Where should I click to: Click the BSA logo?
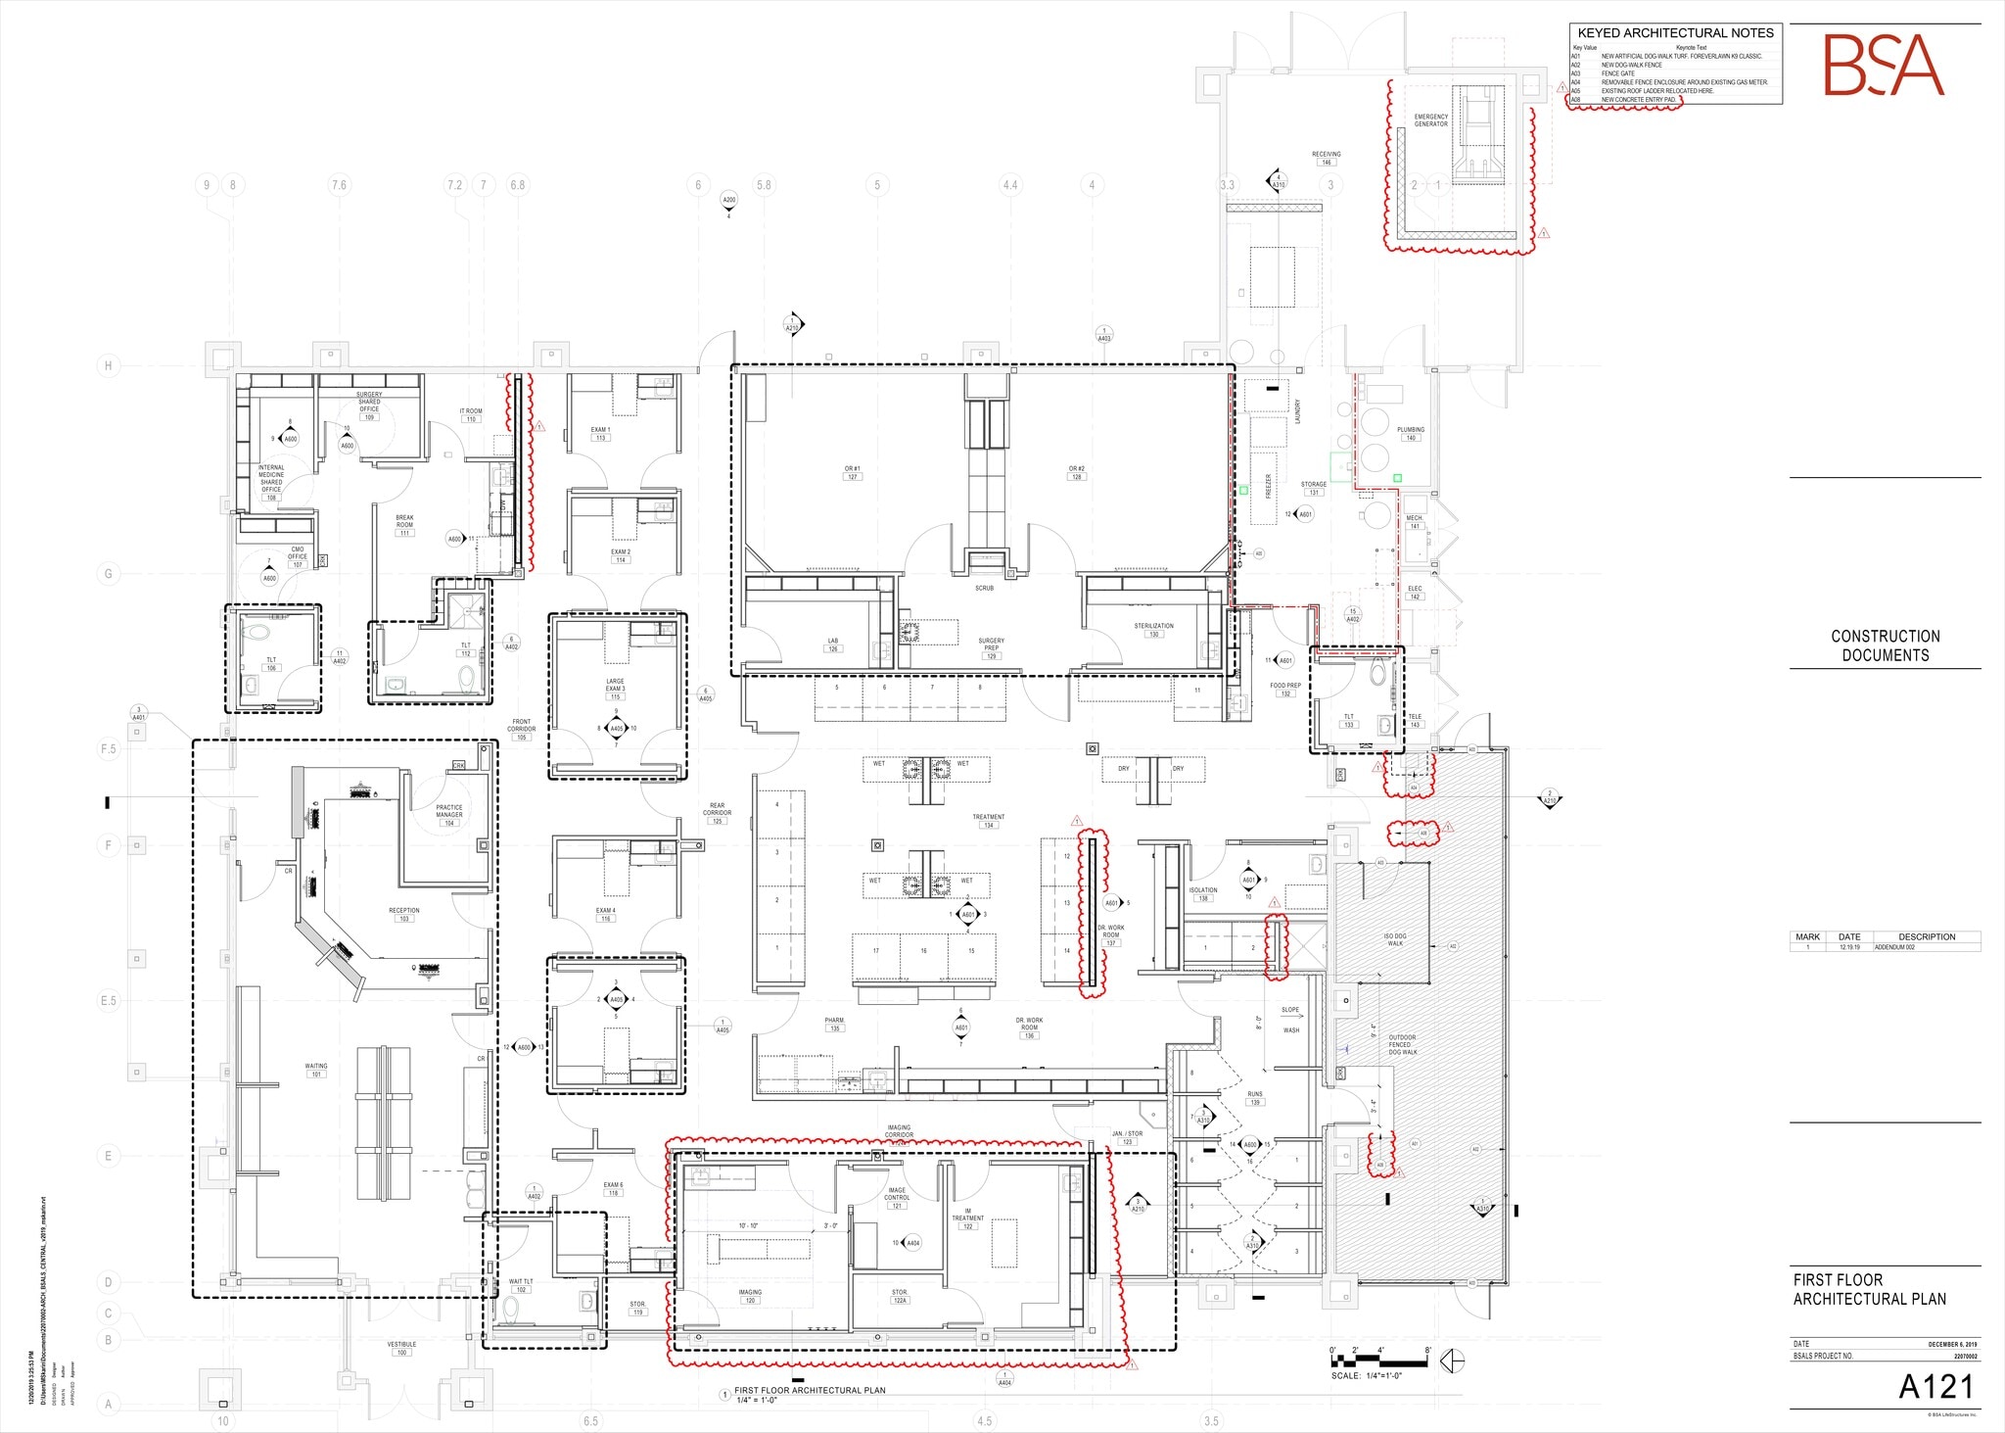1883,66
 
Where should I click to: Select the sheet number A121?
1935,1387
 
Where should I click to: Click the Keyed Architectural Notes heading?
1675,33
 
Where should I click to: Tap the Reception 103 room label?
403,914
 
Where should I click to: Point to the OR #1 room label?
852,472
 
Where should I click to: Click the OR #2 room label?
1076,472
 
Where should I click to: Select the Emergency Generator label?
1430,119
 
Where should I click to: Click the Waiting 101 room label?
315,1070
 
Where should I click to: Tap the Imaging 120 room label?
750,1296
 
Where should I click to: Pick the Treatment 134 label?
988,820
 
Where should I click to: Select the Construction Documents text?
1885,645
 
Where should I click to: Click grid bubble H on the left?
109,366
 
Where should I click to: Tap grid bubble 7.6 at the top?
339,185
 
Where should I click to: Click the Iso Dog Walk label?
1395,939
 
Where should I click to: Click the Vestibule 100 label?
401,1348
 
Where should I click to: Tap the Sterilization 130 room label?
1153,629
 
